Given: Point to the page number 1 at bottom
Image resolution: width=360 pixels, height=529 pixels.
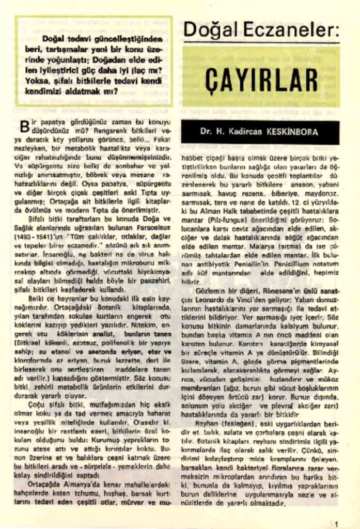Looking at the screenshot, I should click(336, 522).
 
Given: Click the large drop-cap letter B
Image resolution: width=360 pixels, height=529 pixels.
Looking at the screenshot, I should click(23, 126).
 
